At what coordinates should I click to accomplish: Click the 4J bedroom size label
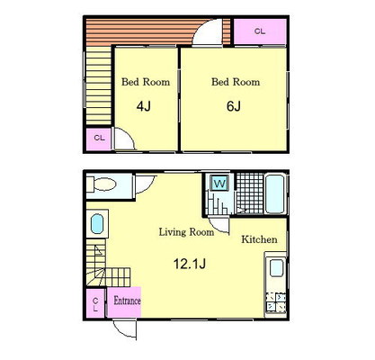144,106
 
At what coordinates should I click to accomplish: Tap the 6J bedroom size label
234,106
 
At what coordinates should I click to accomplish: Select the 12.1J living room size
190,264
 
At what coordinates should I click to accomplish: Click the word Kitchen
259,239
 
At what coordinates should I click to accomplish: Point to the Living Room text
186,232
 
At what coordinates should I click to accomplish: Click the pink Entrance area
124,301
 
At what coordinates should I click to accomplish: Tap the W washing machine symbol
220,184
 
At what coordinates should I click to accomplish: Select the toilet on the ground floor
103,184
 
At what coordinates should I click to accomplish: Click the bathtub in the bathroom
275,193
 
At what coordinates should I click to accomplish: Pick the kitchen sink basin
277,268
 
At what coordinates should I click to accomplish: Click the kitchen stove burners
276,301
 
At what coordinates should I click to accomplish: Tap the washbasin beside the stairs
97,224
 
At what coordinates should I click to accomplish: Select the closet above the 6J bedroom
260,31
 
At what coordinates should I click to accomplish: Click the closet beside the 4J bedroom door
99,139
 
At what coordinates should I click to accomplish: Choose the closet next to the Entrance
95,303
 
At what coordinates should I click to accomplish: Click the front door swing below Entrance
126,329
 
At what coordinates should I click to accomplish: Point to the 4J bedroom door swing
123,139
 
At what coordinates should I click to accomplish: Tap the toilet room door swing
145,184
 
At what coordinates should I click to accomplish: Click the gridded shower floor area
250,193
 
